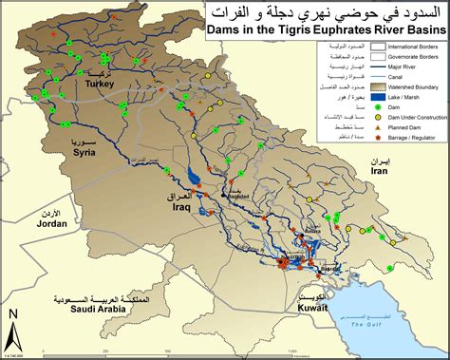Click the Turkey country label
pyautogui.click(x=99, y=84)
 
